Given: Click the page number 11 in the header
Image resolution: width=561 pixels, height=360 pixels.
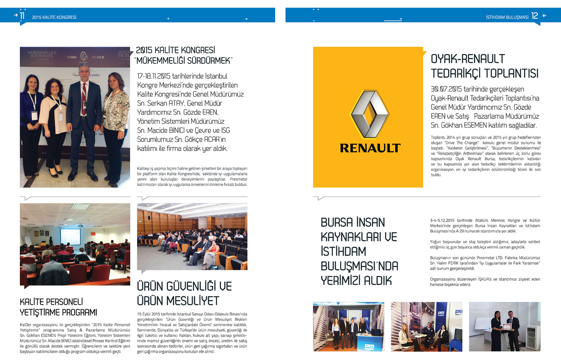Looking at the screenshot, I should click(x=22, y=16).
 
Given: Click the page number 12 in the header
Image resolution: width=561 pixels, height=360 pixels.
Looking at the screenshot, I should click(x=535, y=16).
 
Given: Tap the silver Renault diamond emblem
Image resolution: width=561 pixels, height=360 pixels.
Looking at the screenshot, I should click(x=369, y=114).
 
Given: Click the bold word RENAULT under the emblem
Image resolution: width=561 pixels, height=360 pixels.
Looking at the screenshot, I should click(x=370, y=148).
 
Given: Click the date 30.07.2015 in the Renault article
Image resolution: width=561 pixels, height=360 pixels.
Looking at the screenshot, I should click(x=446, y=89).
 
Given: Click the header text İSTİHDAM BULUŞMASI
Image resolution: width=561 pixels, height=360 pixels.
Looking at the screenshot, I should click(x=507, y=17).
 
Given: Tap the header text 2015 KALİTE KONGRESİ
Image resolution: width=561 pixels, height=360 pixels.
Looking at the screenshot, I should click(x=54, y=17).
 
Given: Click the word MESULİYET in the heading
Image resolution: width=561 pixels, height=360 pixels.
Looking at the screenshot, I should click(x=192, y=301).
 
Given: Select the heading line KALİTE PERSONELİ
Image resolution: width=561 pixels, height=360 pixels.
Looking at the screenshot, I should click(x=51, y=302).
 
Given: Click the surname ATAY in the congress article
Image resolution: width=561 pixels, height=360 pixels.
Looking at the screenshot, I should click(x=176, y=103).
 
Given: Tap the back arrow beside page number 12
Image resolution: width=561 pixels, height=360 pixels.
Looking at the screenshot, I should click(x=544, y=16).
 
